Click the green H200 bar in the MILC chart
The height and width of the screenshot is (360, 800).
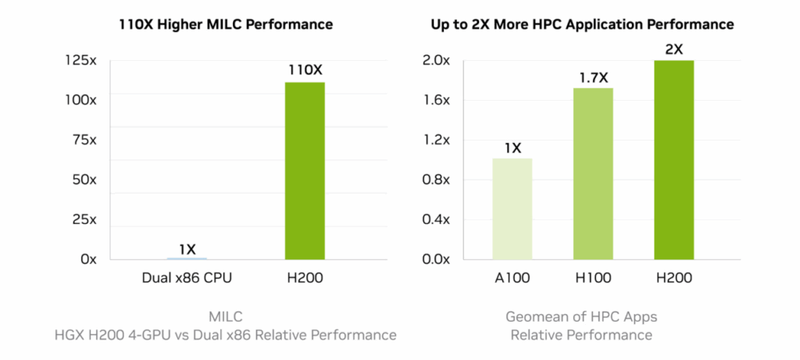pyautogui.click(x=305, y=170)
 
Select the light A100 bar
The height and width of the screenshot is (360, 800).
pyautogui.click(x=512, y=209)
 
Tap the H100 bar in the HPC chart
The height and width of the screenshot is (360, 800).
pyautogui.click(x=593, y=173)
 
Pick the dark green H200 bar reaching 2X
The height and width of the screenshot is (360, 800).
pyautogui.click(x=673, y=159)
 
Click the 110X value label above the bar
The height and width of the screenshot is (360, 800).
pyautogui.click(x=305, y=70)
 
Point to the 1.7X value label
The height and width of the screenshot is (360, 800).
pyautogui.click(x=593, y=77)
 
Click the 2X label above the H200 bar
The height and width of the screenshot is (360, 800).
pyautogui.click(x=673, y=49)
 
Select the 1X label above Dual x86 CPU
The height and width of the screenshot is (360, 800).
pyautogui.click(x=187, y=249)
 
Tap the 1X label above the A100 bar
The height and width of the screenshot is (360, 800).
pyautogui.click(x=512, y=147)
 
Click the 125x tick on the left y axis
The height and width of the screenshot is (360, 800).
pyautogui.click(x=80, y=60)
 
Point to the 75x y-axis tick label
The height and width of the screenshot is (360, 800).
pyautogui.click(x=82, y=140)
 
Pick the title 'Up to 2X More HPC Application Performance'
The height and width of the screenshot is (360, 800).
pyautogui.click(x=582, y=24)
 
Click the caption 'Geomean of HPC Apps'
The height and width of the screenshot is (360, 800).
pyautogui.click(x=581, y=317)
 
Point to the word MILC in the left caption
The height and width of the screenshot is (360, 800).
pyautogui.click(x=227, y=317)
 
